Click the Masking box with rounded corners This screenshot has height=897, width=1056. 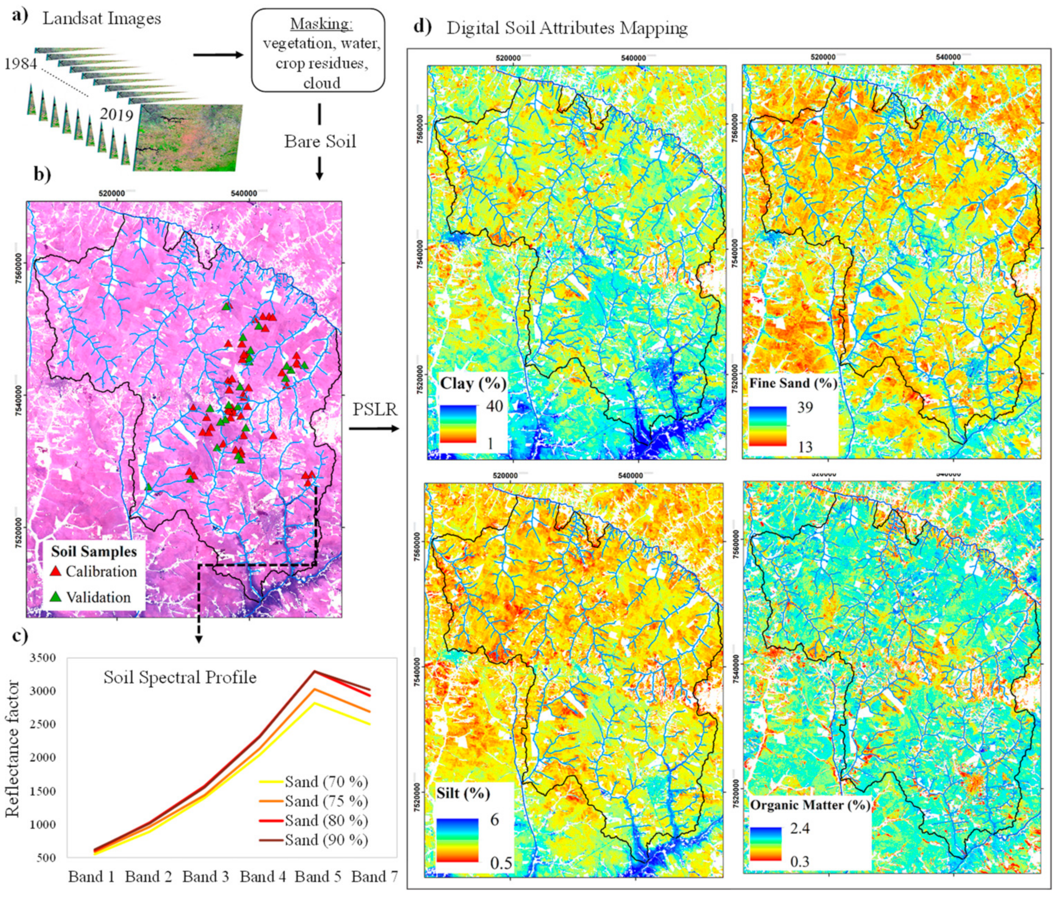tap(318, 50)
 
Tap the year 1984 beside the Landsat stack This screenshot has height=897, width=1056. tap(21, 64)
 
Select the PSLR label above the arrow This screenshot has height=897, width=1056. tap(375, 409)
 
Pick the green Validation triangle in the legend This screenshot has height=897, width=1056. tap(56, 596)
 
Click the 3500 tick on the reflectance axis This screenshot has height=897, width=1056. tap(43, 658)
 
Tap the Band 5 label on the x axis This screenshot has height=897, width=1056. tap(318, 876)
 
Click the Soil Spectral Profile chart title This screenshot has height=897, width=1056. tap(180, 677)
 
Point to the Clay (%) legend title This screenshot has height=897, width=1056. tap(473, 383)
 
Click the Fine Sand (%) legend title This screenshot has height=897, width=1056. tap(793, 383)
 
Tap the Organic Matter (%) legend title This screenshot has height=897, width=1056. tap(810, 805)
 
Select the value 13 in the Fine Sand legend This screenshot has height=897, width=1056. tap(805, 446)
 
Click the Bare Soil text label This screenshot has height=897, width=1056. tap(320, 141)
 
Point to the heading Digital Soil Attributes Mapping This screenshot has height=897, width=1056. tap(567, 28)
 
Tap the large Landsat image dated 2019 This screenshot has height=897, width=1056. tap(188, 137)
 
